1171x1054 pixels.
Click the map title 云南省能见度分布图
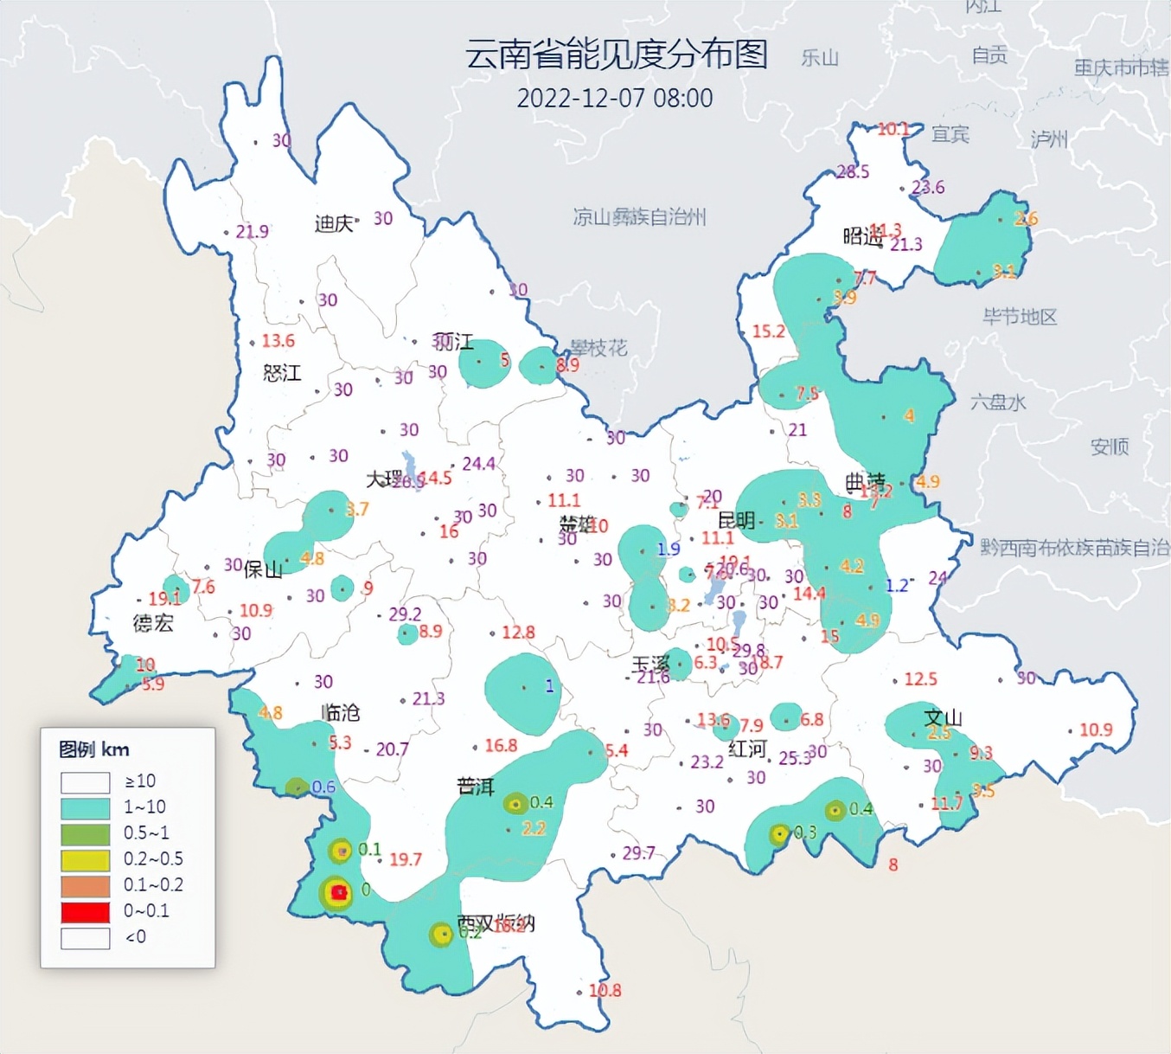click(x=616, y=55)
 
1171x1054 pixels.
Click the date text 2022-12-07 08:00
click(x=614, y=98)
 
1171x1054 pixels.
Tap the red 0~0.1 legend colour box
click(x=85, y=911)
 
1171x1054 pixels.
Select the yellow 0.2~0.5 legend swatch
click(x=85, y=859)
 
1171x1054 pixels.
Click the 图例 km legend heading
click(x=93, y=749)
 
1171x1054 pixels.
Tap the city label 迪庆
click(x=333, y=224)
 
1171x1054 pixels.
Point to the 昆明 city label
click(x=736, y=520)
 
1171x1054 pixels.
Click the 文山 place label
click(x=943, y=717)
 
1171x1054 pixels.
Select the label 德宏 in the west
click(x=153, y=623)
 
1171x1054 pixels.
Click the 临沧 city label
click(x=340, y=712)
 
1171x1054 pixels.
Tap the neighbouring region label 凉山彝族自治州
click(x=639, y=216)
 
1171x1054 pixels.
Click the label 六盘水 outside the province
click(x=997, y=402)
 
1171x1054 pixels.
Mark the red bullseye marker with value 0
click(x=338, y=892)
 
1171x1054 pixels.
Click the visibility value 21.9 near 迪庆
click(x=252, y=231)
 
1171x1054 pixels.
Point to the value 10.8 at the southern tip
click(x=605, y=990)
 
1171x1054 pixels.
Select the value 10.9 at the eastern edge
click(x=1095, y=729)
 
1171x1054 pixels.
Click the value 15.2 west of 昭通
click(x=768, y=331)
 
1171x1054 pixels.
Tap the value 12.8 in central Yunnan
click(x=517, y=633)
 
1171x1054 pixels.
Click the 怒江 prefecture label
click(x=282, y=373)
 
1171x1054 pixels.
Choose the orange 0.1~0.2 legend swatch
click(x=85, y=885)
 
